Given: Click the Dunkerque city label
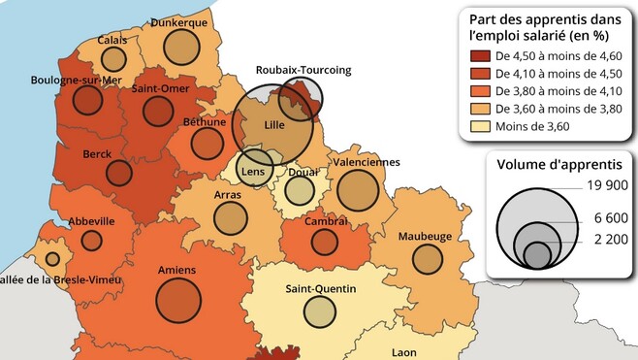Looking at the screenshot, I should point(178,22).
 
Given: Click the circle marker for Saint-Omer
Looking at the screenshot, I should point(157,111).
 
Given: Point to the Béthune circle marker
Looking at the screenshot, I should point(207,144).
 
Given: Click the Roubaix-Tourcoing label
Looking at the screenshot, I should point(303,70).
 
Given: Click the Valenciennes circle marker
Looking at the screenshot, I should point(358,190).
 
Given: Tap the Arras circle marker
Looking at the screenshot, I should point(229,218).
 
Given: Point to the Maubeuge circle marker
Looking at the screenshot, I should point(427,258).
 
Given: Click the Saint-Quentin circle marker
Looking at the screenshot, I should point(319,311).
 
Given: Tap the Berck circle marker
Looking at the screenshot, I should point(118,174).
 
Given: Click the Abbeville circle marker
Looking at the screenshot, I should point(91,241).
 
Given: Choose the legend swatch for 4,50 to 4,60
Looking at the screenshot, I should point(479,56).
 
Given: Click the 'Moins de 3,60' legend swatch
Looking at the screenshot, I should point(479,126).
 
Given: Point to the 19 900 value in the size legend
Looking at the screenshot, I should point(608,184).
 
